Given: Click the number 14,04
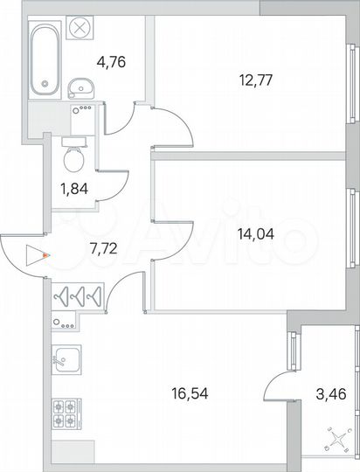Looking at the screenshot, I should (x=252, y=233).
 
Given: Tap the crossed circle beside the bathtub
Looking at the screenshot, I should (x=80, y=28).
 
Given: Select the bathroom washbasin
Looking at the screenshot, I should (x=83, y=87).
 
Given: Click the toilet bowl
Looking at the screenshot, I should (x=74, y=158).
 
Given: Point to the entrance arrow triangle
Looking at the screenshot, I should (x=35, y=256).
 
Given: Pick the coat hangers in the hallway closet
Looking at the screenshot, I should (x=79, y=296).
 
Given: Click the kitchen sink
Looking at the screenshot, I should (x=66, y=357).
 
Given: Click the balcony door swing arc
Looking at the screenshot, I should (x=278, y=382).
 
